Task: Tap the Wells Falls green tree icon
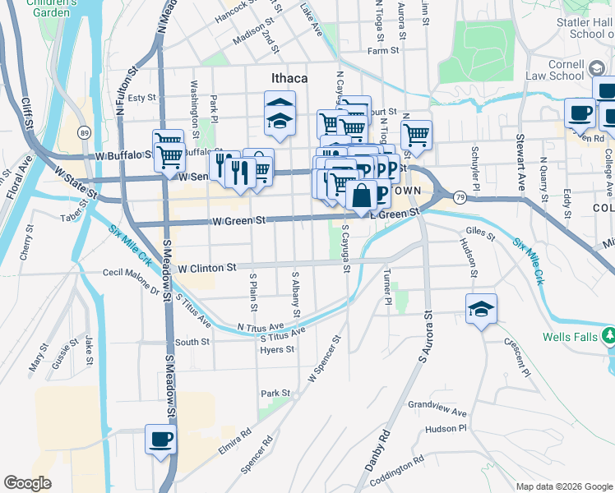[x=608, y=336]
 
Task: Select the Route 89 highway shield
[x=84, y=132]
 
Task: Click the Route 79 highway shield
[x=459, y=196]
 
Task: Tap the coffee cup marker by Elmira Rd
[x=160, y=439]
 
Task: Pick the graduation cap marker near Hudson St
[x=482, y=310]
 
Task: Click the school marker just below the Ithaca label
[x=280, y=114]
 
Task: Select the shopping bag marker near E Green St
[x=361, y=196]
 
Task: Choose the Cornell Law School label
[x=554, y=69]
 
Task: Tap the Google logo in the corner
[x=27, y=483]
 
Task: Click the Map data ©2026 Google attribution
[x=563, y=486]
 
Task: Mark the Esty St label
[x=141, y=98]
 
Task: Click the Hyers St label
[x=277, y=350]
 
